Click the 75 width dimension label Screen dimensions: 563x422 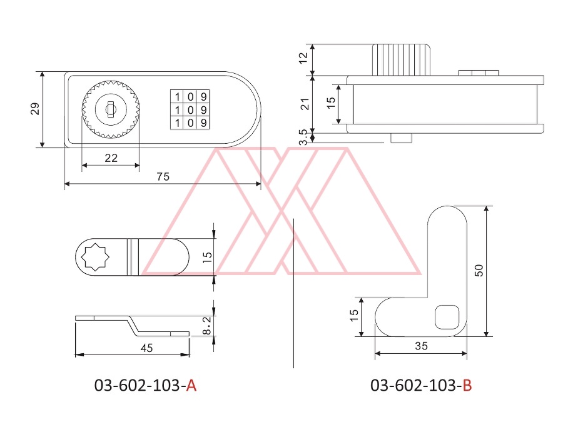coord(163,176)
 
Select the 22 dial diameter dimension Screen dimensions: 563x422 coord(111,158)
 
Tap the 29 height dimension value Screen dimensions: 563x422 coord(35,109)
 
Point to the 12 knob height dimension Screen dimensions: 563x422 coord(303,58)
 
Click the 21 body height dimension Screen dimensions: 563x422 coord(305,104)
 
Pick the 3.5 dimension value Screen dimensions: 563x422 coord(303,137)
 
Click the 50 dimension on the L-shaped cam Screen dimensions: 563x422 coord(479,270)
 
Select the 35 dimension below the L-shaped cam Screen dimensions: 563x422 coord(421,346)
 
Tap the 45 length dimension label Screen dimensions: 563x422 coord(146,348)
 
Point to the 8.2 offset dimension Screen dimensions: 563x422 coord(207,326)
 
